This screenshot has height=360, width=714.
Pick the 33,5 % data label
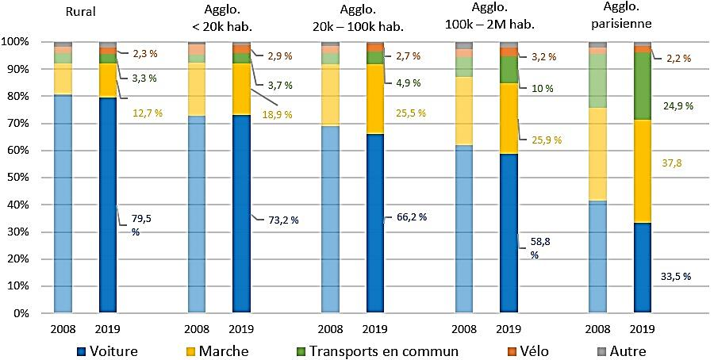pos(676,277)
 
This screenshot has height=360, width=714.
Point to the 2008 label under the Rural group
pos(63,327)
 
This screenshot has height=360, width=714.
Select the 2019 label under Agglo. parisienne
pos(643,327)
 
